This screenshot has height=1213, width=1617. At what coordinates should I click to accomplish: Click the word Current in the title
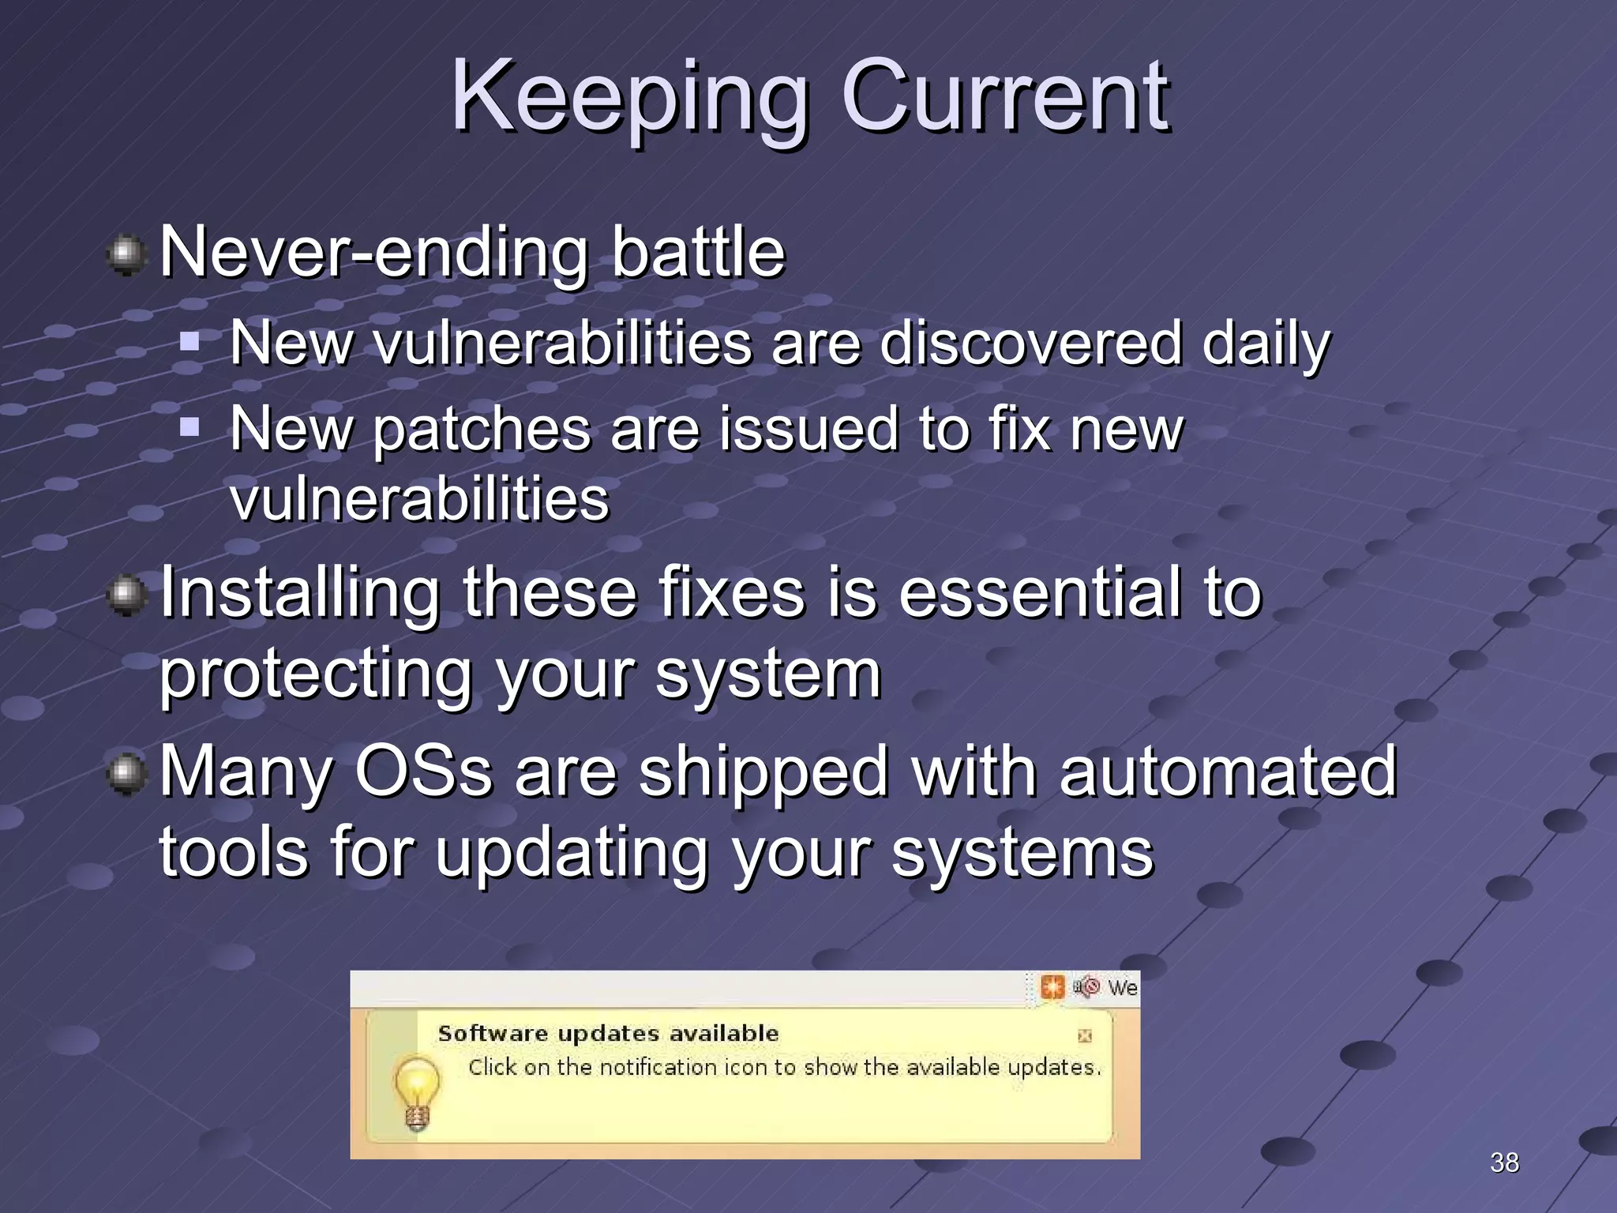coord(1005,99)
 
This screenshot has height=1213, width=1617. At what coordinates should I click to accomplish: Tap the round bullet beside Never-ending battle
coord(126,255)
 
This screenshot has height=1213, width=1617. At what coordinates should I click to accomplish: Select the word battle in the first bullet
coord(698,253)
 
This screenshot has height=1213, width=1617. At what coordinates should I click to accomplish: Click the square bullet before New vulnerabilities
coord(189,342)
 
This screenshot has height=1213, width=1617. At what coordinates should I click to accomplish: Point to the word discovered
coord(1030,344)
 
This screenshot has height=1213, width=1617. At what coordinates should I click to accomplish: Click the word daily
coord(1266,345)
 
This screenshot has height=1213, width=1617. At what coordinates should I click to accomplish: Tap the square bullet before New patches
coord(189,427)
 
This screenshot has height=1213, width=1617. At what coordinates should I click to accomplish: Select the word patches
coord(481,430)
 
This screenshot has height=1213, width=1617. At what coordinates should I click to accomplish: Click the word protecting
coord(316,676)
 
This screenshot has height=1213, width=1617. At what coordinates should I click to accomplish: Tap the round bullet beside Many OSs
coord(126,773)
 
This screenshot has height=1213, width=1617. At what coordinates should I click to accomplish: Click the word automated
coord(1228,772)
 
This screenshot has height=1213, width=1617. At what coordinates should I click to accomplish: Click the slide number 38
coord(1504,1162)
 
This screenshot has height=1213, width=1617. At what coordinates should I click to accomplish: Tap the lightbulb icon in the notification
coord(416,1092)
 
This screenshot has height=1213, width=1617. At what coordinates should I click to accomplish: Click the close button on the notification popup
coord(1085,1035)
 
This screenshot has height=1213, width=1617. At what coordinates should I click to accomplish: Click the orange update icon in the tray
coord(1052,987)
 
